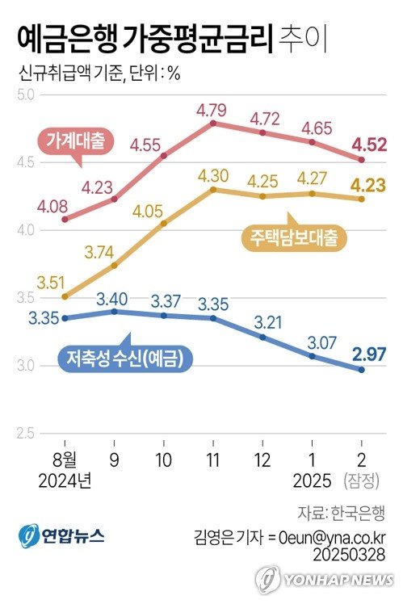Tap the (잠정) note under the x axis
pos(361,482)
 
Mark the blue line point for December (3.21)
pos(262,337)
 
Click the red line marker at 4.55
pos(163,155)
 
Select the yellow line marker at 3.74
pos(114,265)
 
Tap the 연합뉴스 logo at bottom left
pos(61,535)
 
